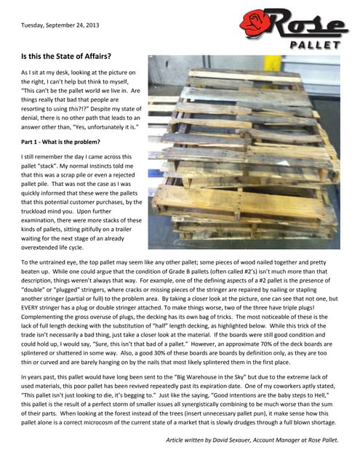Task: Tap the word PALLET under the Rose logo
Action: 315,45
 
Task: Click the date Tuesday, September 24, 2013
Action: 60,25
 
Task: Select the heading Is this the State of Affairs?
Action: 66,56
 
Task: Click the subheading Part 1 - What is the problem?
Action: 60,142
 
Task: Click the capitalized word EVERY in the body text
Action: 28,307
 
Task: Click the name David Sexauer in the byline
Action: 231,440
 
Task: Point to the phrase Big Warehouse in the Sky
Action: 211,377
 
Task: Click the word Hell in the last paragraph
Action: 321,395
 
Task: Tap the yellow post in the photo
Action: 272,63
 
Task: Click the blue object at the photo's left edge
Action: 155,173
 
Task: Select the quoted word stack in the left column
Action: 47,166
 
